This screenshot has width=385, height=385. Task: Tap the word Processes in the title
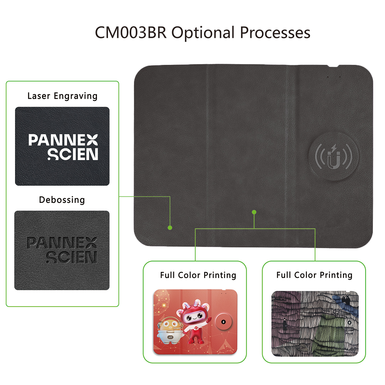(275, 33)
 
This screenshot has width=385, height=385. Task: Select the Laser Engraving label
(62, 96)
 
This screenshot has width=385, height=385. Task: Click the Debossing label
(62, 200)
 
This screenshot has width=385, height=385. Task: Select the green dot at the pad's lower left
(170, 227)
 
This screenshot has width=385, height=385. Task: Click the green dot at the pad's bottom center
(254, 212)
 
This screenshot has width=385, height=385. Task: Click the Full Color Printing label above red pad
(198, 275)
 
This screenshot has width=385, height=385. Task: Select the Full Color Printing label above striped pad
(314, 275)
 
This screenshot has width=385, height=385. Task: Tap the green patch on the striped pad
(328, 333)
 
